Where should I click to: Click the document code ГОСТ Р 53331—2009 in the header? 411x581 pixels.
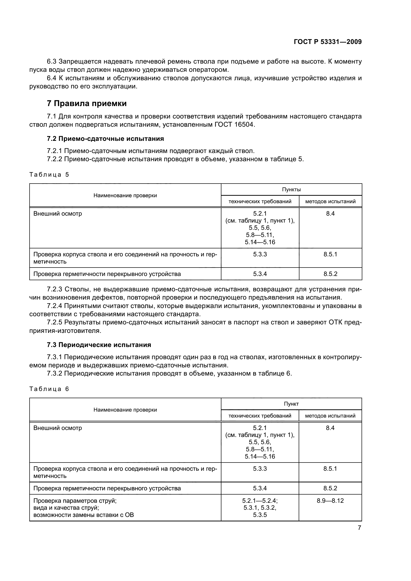coord(328,42)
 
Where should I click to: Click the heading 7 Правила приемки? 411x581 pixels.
coord(87,104)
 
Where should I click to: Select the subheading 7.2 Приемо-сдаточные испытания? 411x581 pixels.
coord(105,139)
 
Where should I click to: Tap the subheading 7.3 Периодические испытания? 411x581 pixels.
coord(99,345)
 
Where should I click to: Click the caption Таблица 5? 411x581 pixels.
coord(49,175)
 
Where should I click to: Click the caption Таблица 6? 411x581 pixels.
coord(49,389)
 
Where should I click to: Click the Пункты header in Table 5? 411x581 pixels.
coord(291,190)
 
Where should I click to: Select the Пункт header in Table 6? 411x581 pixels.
coord(291,404)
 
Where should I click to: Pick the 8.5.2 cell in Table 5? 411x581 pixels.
coord(330,274)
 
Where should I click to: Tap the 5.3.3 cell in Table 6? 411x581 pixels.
coord(260,469)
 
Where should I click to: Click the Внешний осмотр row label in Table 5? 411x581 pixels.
coord(58,214)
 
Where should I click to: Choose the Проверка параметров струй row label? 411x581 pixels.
coord(75,501)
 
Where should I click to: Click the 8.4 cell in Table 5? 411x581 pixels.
coord(330,214)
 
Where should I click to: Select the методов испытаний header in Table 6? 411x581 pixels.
coord(330,416)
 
